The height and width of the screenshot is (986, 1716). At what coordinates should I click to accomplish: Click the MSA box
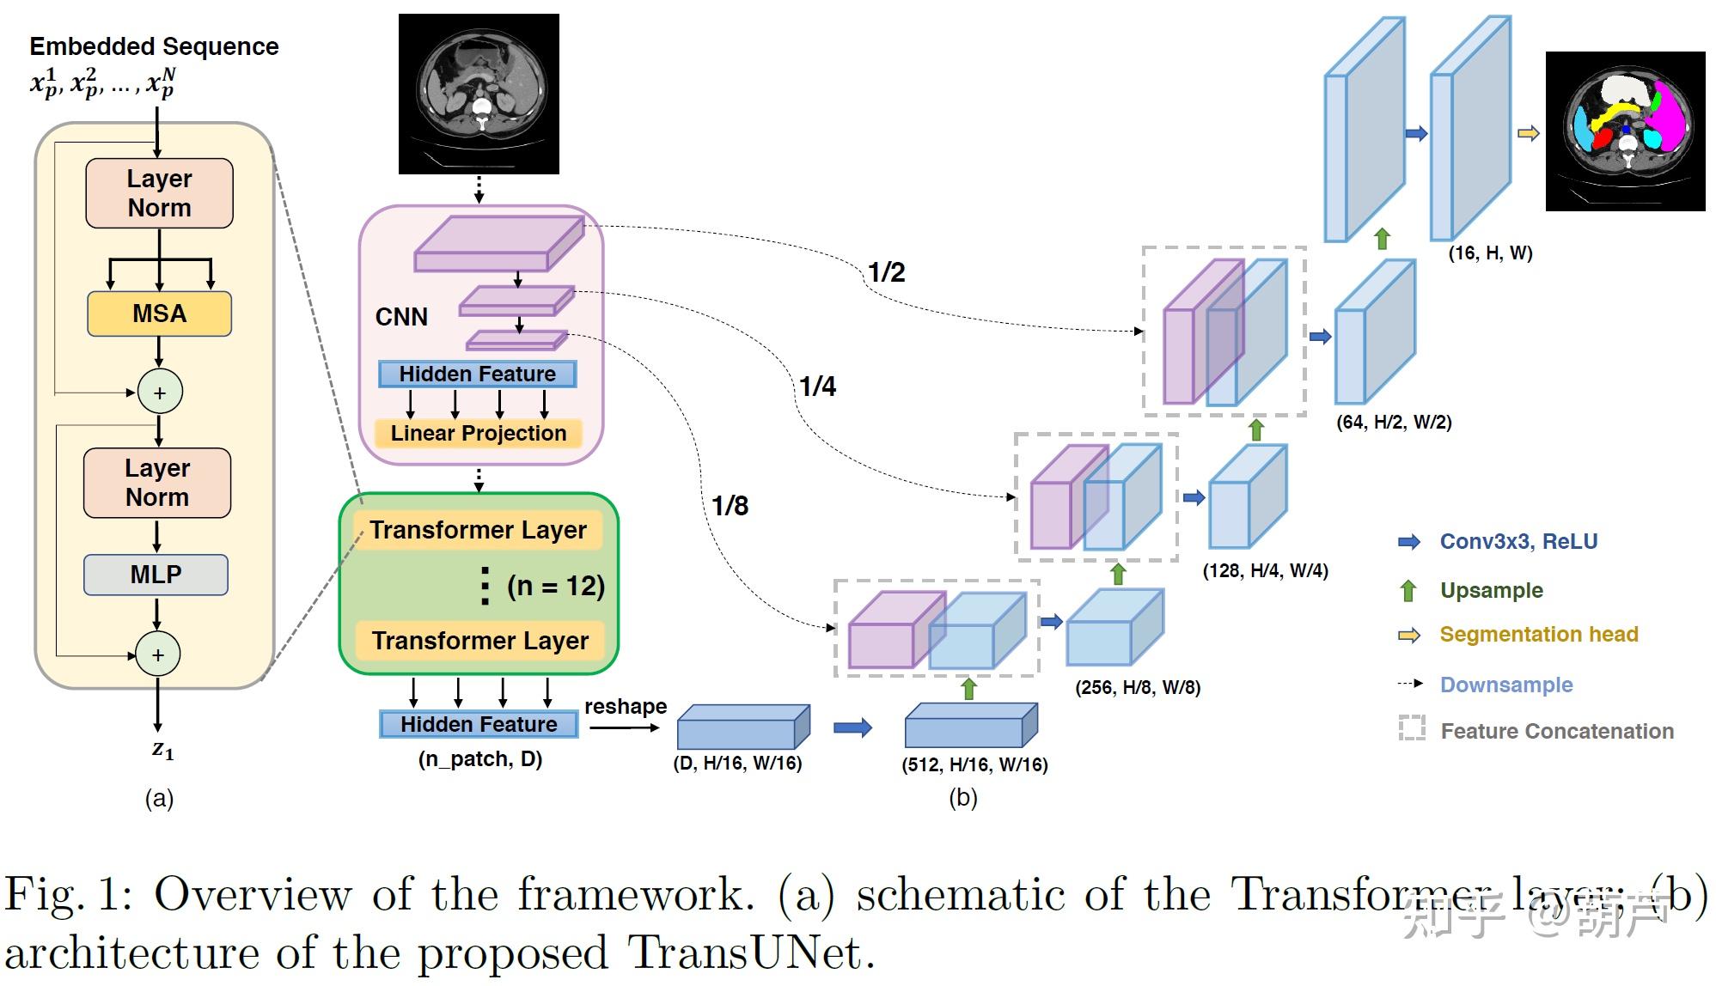tap(159, 313)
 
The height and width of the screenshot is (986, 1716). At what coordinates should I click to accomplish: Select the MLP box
tap(156, 575)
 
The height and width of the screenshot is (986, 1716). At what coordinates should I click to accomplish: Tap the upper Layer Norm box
tap(159, 193)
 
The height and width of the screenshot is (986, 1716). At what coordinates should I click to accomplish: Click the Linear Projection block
tap(479, 433)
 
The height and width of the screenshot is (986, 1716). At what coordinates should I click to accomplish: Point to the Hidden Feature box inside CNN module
tap(478, 374)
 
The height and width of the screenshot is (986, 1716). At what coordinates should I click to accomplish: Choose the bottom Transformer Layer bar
tap(479, 641)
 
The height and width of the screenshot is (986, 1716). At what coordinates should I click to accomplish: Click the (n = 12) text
tap(555, 587)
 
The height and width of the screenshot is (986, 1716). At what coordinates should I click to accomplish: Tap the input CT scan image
tap(479, 94)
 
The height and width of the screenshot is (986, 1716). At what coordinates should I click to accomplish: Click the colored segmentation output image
tap(1625, 131)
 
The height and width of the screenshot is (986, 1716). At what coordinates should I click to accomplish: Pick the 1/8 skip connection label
tap(730, 506)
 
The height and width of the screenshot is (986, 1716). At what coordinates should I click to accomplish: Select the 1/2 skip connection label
tap(886, 272)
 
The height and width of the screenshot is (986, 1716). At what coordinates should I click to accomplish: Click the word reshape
tap(626, 706)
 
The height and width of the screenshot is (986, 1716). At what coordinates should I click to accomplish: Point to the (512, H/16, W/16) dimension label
tap(974, 764)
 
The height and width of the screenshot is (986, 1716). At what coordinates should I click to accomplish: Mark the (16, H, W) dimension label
tap(1490, 253)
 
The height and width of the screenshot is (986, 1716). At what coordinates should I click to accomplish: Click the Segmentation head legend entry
tap(1538, 635)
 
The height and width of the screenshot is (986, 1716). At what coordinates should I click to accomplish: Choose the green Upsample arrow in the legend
tap(1408, 591)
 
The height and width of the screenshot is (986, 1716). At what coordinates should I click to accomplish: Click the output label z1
tap(162, 750)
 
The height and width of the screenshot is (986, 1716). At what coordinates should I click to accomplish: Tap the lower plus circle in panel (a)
tap(158, 655)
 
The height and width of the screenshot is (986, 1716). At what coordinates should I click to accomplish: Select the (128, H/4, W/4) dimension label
tap(1265, 571)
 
